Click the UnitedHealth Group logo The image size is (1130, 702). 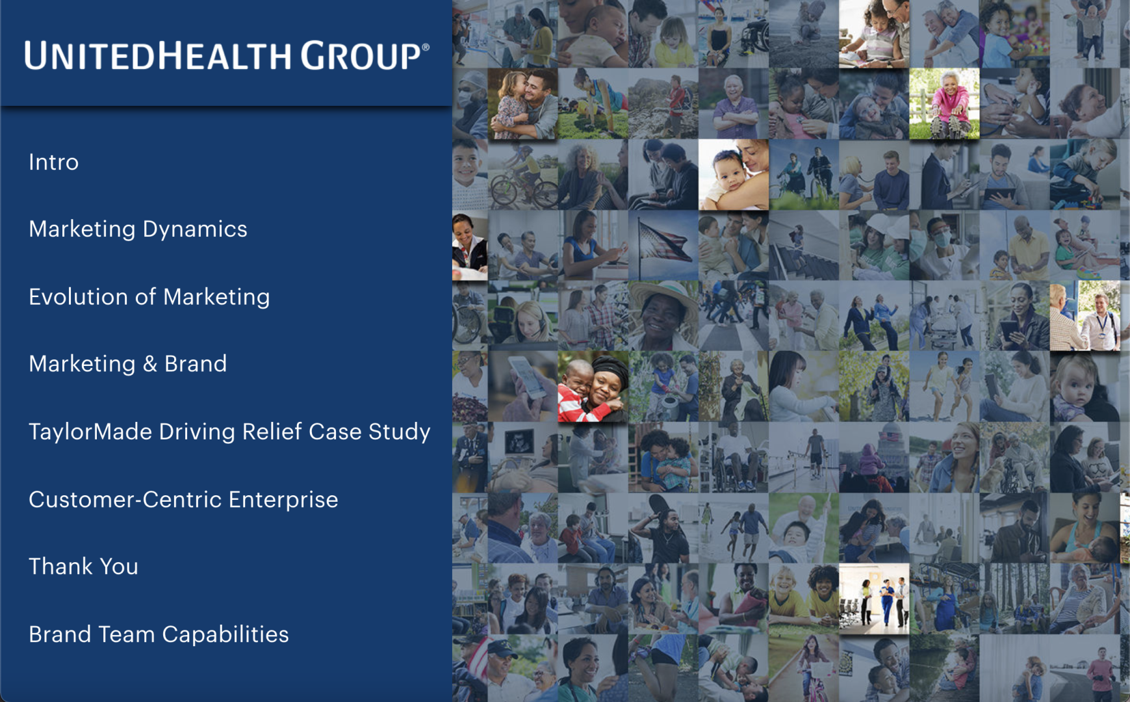(227, 55)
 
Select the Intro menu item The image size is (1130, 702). (53, 162)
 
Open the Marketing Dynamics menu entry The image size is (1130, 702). (138, 229)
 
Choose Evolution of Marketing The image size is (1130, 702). (149, 297)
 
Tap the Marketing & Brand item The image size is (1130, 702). (127, 364)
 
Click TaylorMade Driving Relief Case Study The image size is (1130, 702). (229, 432)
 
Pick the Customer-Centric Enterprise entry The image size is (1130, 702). (183, 499)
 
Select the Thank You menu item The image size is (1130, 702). (83, 566)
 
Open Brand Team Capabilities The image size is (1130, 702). (159, 634)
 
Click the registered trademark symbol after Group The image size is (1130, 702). (426, 47)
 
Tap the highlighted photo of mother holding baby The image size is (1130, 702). (734, 174)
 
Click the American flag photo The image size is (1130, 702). (663, 245)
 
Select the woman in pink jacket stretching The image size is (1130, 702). (944, 104)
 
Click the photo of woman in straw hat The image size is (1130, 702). (663, 315)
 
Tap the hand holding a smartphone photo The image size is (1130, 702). (523, 386)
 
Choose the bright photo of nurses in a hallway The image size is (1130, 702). (874, 599)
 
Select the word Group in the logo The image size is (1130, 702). (360, 55)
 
